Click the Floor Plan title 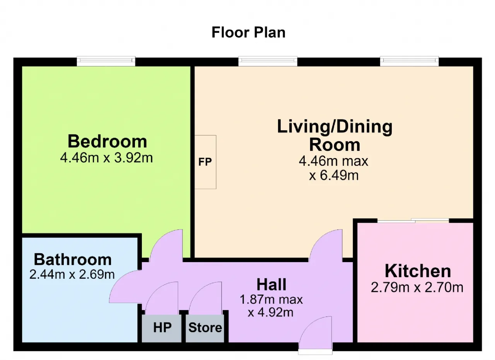[x=248, y=32]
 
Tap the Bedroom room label [x=107, y=141]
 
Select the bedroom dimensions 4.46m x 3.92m [x=106, y=158]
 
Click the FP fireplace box [x=205, y=162]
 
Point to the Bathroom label [x=73, y=259]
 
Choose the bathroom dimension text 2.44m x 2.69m [x=72, y=275]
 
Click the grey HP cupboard [x=162, y=328]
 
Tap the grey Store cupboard [x=205, y=328]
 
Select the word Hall [x=271, y=285]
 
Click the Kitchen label [x=418, y=271]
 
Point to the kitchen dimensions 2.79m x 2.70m [x=417, y=288]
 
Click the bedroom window [x=106, y=61]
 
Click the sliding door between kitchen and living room [x=413, y=220]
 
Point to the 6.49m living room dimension [x=333, y=176]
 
